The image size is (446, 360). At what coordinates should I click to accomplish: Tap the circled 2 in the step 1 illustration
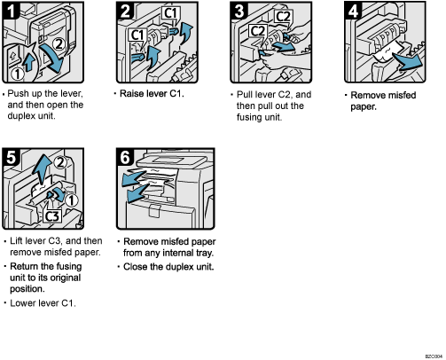pyautogui.click(x=56, y=42)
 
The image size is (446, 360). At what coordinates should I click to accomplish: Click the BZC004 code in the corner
pyautogui.click(x=432, y=353)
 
